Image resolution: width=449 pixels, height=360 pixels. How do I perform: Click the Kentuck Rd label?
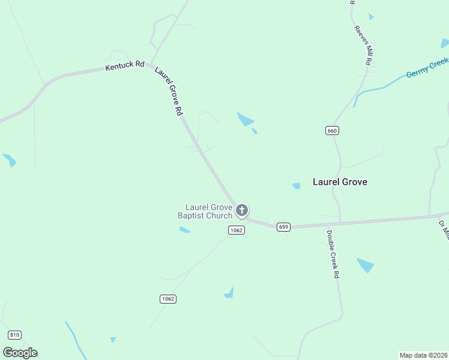pyautogui.click(x=125, y=65)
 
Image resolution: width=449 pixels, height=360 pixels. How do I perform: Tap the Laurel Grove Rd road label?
pyautogui.click(x=169, y=91)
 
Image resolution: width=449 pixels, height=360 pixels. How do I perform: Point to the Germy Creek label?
pyautogui.click(x=427, y=67)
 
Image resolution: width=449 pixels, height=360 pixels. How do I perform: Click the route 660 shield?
pyautogui.click(x=333, y=130)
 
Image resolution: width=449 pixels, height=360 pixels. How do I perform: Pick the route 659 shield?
pyautogui.click(x=283, y=227)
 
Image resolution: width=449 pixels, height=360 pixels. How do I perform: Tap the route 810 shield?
pyautogui.click(x=15, y=334)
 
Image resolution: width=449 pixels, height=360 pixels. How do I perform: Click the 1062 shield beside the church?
pyautogui.click(x=237, y=230)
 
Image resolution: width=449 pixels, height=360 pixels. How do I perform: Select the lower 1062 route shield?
pyautogui.click(x=169, y=299)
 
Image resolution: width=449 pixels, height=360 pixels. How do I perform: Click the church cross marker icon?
pyautogui.click(x=242, y=210)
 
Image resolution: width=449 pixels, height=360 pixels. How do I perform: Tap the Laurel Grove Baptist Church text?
pyautogui.click(x=205, y=211)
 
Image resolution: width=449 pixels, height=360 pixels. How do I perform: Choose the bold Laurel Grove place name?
pyautogui.click(x=340, y=182)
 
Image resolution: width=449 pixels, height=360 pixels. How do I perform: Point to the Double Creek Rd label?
pyautogui.click(x=333, y=254)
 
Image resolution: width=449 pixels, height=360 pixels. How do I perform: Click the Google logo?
pyautogui.click(x=20, y=352)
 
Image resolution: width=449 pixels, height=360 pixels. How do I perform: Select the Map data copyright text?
pyautogui.click(x=423, y=355)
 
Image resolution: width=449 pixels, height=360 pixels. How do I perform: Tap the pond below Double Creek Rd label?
pyautogui.click(x=365, y=265)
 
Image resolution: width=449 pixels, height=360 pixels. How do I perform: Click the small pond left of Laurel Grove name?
pyautogui.click(x=296, y=186)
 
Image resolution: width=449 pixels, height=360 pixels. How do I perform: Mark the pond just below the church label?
pyautogui.click(x=184, y=230)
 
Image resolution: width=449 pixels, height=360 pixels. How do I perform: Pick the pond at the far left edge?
pyautogui.click(x=9, y=160)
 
